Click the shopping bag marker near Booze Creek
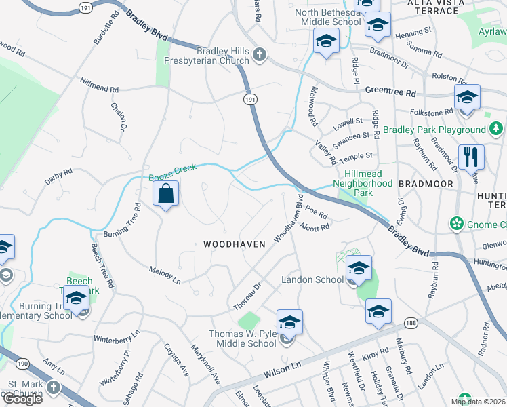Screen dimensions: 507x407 tap(165, 195)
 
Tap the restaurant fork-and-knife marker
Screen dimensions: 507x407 tap(470, 157)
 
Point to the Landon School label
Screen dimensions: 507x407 tap(312, 280)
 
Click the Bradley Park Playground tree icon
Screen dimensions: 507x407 tap(497, 129)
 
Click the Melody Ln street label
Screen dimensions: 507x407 tap(165, 275)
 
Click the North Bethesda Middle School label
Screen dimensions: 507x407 tap(328, 17)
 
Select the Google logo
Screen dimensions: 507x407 tap(23, 398)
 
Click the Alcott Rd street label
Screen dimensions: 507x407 tap(315, 227)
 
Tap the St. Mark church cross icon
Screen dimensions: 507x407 tap(54, 389)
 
